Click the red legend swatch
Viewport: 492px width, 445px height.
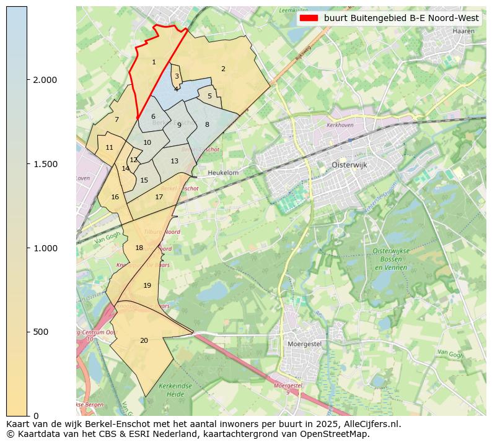309,18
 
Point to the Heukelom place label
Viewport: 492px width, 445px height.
224,173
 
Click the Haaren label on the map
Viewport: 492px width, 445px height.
463,30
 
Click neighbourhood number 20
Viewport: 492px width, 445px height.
144,340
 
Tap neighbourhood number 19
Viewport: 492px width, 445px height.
147,285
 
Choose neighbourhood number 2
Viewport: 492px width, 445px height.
223,69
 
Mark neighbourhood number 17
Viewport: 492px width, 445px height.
159,197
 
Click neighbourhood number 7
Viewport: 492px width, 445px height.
116,119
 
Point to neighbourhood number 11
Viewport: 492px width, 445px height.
109,147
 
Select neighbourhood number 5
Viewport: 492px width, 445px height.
209,96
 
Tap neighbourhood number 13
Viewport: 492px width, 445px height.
175,161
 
